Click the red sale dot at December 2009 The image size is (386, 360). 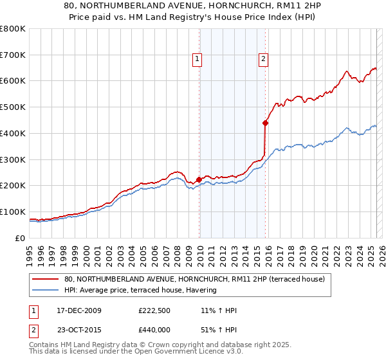(x=199, y=179)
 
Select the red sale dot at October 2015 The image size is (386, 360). (x=265, y=122)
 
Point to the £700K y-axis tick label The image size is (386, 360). (x=13, y=55)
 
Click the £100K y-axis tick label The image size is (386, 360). (x=13, y=212)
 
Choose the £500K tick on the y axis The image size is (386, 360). (x=13, y=107)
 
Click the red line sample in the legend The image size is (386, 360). (x=46, y=279)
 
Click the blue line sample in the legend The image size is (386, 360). (x=46, y=291)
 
